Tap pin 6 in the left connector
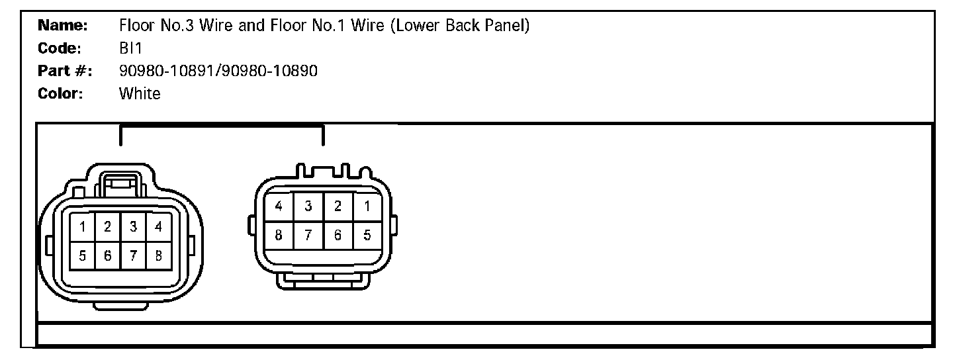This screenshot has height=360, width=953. pos(107,256)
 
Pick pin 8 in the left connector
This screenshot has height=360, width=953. pos(159,256)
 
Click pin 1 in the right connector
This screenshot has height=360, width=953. pos(367,206)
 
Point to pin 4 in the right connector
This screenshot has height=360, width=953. pos(279,206)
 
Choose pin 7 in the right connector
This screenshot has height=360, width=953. pos(308,235)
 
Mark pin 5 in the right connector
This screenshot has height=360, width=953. pos(367,235)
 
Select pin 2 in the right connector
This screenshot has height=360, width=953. pos(338,206)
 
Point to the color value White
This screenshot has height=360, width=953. pos(140,93)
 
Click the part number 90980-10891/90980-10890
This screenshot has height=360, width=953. pos(218,71)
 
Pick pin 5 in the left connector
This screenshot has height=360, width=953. pos(83,256)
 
